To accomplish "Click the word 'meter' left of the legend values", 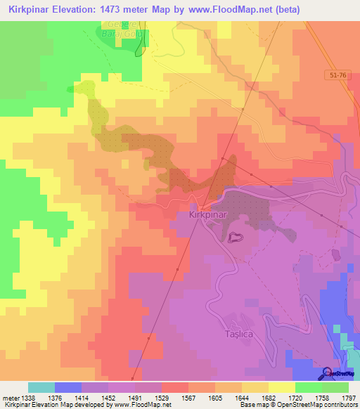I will pyautogui.click(x=11, y=398).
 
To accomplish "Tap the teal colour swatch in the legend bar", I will pyautogui.click(x=41, y=387).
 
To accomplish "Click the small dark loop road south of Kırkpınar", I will pyautogui.click(x=234, y=238).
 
